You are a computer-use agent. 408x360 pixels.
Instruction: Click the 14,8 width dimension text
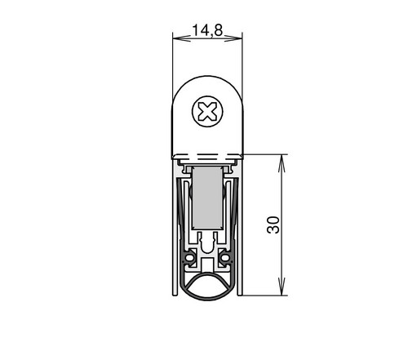click(207, 30)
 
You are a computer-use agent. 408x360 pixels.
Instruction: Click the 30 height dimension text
click(273, 225)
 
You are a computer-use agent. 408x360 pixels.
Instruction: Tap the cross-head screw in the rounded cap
click(207, 111)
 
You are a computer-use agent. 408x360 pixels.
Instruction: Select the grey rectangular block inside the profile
click(207, 198)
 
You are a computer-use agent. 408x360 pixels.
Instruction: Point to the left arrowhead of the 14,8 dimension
click(182, 38)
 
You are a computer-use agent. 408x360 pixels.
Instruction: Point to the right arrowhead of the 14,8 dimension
click(233, 38)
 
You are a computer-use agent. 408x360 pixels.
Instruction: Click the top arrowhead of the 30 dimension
click(282, 164)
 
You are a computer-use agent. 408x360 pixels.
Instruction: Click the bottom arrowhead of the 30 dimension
click(282, 287)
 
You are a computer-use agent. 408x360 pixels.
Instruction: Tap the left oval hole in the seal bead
click(189, 257)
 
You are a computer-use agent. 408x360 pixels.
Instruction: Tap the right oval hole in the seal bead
click(225, 257)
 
